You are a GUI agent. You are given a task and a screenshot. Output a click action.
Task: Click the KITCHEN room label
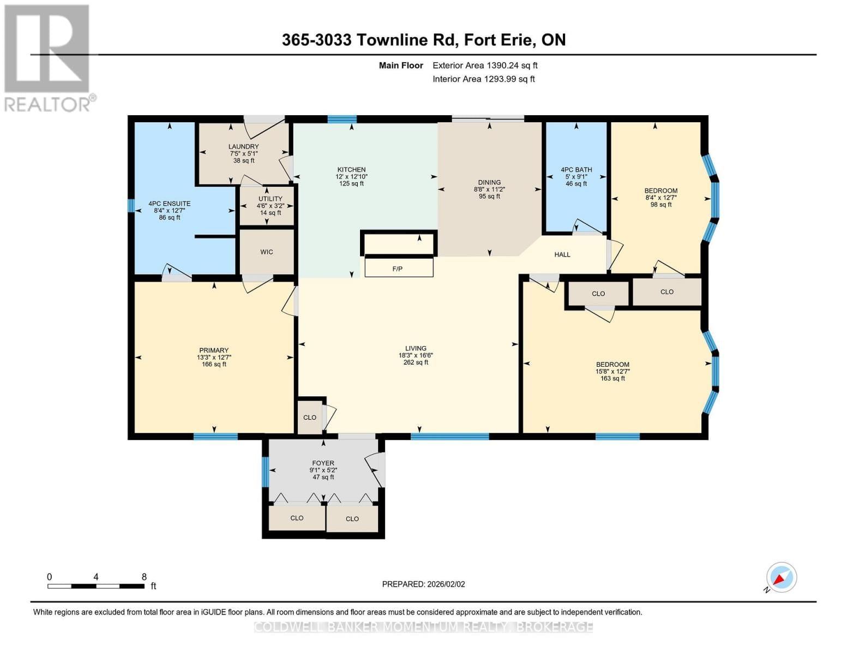[351, 170]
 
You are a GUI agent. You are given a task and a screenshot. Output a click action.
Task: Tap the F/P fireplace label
[397, 269]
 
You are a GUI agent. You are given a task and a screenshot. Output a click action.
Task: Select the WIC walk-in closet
[267, 252]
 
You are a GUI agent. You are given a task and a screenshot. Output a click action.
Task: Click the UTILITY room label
[270, 199]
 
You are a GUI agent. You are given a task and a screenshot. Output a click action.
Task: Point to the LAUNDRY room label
[243, 147]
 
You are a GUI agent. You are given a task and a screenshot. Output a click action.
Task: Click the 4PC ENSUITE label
[169, 204]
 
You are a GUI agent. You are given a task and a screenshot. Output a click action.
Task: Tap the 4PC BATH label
[576, 170]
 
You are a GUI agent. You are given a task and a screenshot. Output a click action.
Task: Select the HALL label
[562, 254]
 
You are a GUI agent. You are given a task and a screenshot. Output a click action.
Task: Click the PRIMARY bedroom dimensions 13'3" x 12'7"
[214, 358]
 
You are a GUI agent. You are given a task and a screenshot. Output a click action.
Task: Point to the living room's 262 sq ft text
[416, 362]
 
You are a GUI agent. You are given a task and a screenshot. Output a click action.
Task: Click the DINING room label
[489, 183]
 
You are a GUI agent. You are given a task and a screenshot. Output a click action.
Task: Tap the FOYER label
[323, 463]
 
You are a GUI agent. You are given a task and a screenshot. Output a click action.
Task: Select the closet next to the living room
[310, 418]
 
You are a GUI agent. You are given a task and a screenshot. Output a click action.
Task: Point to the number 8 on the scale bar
[144, 577]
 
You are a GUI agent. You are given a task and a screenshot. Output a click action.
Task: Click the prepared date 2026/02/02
[423, 584]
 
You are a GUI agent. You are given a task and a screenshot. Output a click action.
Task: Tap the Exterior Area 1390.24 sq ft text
[485, 65]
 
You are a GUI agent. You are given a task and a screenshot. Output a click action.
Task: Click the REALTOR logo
[48, 58]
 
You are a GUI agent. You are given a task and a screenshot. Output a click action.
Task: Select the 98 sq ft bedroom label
[661, 205]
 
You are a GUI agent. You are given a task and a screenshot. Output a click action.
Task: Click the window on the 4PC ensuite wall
[131, 205]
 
